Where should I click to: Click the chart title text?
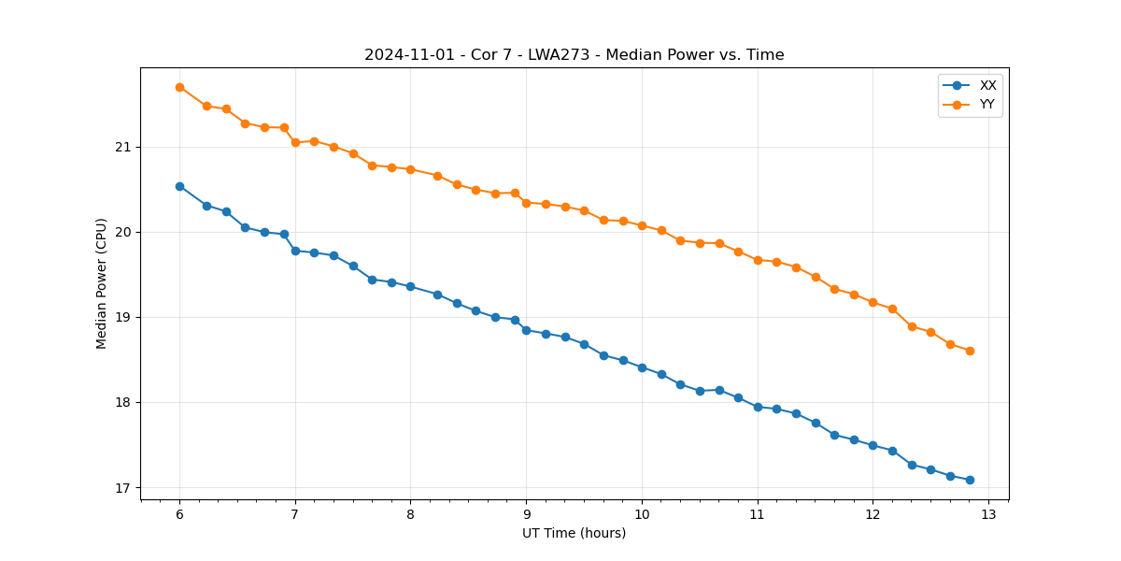(x=574, y=55)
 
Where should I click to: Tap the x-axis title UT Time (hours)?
(x=574, y=533)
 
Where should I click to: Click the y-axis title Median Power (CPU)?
(x=102, y=283)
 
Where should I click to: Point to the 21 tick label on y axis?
(x=124, y=148)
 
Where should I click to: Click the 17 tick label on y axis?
(x=124, y=488)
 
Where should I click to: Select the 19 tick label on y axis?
(x=124, y=318)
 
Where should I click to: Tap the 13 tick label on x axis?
(x=988, y=514)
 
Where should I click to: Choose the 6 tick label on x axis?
(x=179, y=514)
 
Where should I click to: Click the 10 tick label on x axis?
(x=642, y=514)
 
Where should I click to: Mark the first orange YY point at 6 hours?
(x=179, y=87)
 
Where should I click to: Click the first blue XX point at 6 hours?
(x=179, y=186)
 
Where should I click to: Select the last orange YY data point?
(x=970, y=351)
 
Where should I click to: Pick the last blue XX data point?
(x=970, y=480)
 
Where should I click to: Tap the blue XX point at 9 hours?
(x=526, y=330)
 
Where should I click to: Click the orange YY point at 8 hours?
(x=410, y=169)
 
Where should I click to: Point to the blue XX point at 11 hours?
(x=758, y=407)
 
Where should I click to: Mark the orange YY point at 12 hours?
(x=873, y=302)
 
